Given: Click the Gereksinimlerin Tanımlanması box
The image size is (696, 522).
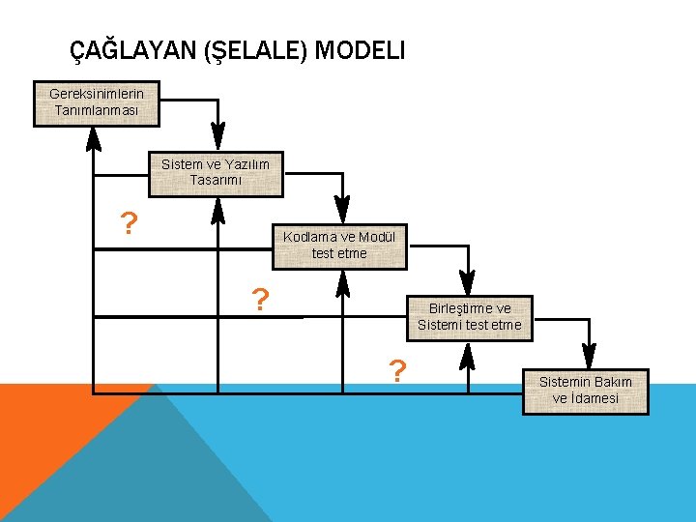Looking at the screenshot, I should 97,102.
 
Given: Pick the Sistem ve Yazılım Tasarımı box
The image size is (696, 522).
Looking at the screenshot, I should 216,172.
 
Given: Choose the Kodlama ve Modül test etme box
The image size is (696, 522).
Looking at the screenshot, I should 339,245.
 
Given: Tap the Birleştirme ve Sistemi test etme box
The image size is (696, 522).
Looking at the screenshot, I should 469,317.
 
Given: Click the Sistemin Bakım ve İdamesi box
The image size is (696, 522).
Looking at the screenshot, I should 585,390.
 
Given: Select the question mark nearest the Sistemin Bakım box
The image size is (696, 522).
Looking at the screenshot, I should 396,370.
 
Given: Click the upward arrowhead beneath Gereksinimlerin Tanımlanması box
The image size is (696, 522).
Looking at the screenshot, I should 94,138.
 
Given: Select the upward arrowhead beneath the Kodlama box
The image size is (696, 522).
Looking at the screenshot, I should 341,281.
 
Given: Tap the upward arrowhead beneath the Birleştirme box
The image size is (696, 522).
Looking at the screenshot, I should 468,354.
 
